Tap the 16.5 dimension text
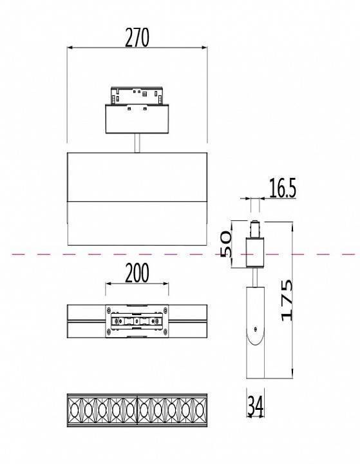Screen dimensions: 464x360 click(282, 189)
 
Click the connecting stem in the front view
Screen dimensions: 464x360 click(137, 142)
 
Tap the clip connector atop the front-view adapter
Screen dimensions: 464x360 click(137, 96)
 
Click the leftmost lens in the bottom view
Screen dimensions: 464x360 click(75, 409)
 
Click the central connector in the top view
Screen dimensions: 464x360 click(137, 320)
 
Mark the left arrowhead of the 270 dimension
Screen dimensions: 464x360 click(70, 47)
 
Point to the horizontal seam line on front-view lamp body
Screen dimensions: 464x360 click(137, 200)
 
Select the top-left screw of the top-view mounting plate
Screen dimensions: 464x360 click(109, 307)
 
